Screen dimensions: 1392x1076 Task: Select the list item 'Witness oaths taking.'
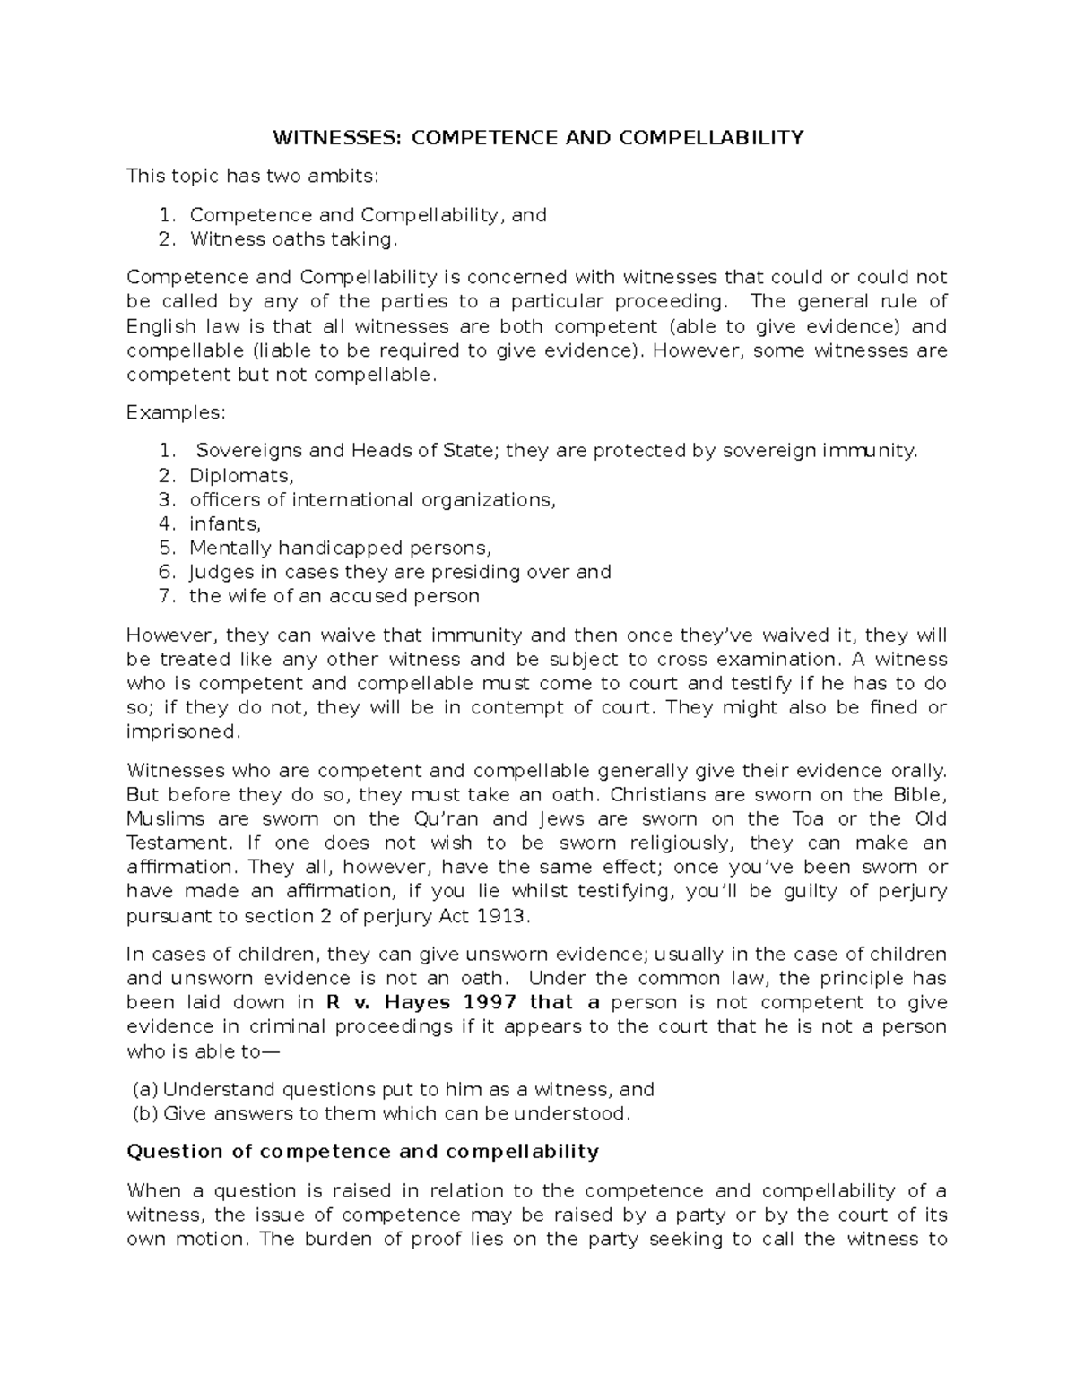(292, 239)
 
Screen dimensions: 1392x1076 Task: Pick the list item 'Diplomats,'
(241, 475)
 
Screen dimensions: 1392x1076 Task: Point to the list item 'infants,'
(224, 523)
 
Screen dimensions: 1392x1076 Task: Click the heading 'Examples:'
(177, 412)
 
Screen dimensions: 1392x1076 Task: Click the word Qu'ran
(447, 818)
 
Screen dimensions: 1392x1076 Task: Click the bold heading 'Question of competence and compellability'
(362, 1152)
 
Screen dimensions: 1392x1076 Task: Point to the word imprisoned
(183, 731)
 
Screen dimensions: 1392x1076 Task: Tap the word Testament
(178, 843)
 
